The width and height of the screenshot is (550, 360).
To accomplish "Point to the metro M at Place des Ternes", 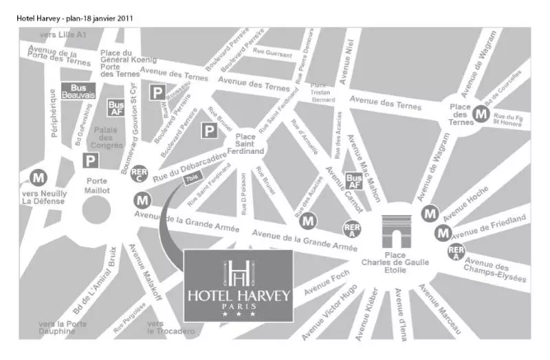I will pyautogui.click(x=483, y=115).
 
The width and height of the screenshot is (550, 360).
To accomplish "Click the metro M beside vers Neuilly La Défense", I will pyautogui.click(x=38, y=178).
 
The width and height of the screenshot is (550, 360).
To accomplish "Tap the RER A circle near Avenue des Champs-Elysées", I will pyautogui.click(x=456, y=251).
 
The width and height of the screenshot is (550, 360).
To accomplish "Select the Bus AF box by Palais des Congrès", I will pyautogui.click(x=115, y=108).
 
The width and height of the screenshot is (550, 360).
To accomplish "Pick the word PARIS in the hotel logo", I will pyautogui.click(x=239, y=306).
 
